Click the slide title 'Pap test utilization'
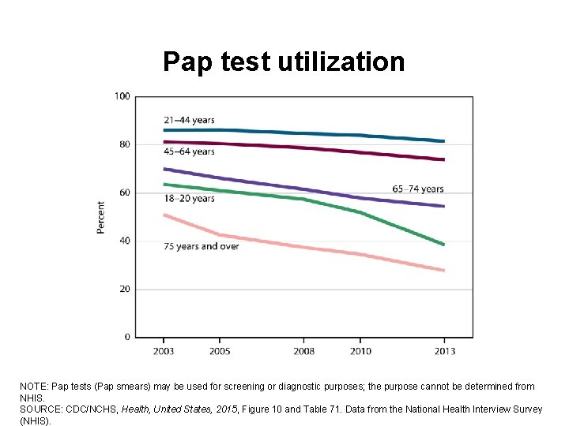[283, 62]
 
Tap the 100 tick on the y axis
[122, 97]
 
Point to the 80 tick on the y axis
[125, 144]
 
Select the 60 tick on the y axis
[125, 192]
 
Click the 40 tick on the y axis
[125, 241]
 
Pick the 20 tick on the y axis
[125, 290]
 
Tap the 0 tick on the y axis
[127, 338]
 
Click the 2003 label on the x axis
[164, 351]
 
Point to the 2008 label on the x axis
[303, 351]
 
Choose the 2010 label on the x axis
[360, 351]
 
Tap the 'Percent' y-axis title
[101, 216]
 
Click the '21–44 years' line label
[189, 120]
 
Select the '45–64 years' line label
[189, 151]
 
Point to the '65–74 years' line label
[418, 189]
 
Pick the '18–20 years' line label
[189, 199]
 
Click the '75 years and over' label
[201, 246]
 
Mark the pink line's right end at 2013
[443, 271]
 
